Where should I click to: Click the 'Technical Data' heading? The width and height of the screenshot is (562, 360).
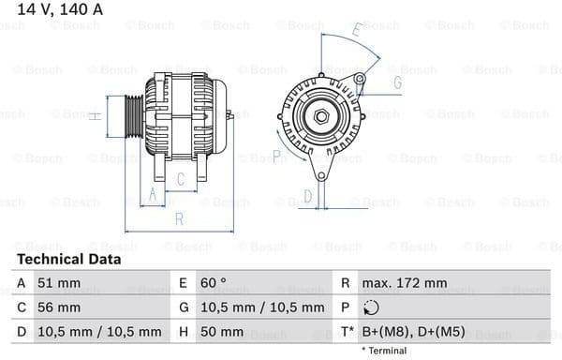(68, 259)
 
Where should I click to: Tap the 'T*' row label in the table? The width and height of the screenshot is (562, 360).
(347, 331)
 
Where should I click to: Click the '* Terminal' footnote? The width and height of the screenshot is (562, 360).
(385, 350)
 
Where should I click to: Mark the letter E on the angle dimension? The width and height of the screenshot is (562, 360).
(357, 31)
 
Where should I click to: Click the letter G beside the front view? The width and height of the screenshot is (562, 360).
(397, 83)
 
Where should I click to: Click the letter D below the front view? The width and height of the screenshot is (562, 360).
(306, 196)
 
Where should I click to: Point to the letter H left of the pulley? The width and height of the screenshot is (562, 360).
(95, 115)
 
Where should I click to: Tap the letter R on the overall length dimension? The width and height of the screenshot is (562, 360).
(178, 219)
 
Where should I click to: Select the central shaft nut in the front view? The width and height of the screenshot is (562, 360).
(321, 115)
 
